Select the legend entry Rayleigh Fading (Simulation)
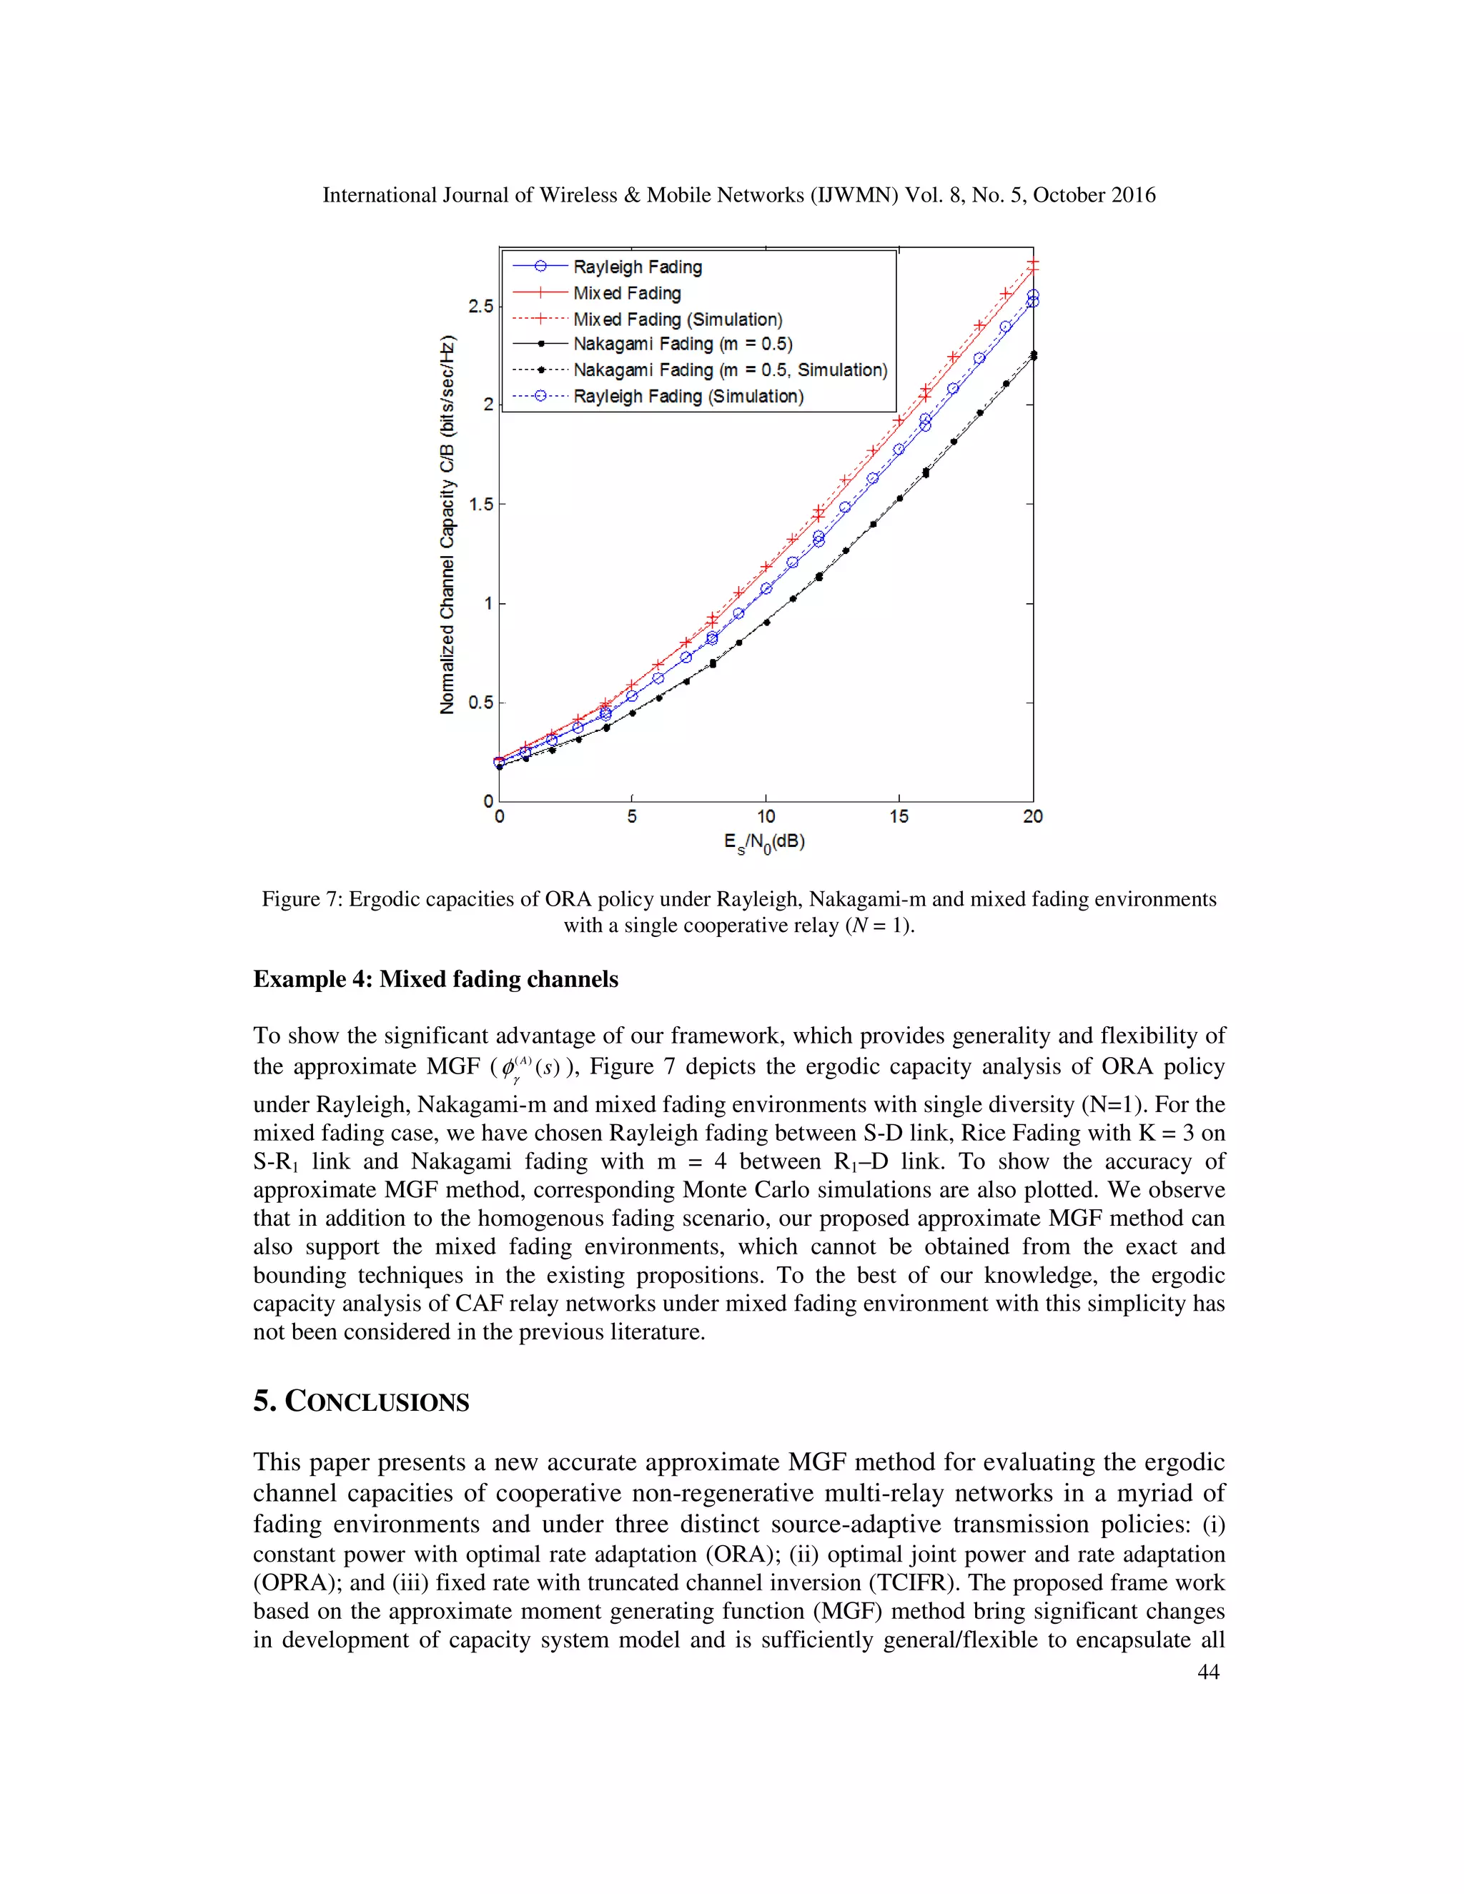688,397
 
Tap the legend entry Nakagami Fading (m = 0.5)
683,344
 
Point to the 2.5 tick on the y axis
480,306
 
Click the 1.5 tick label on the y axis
480,504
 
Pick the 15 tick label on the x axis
899,816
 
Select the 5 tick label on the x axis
632,816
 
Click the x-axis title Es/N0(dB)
764,842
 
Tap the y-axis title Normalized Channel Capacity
447,525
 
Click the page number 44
1208,1672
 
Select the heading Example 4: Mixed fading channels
435,979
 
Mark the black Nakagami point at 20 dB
1032,355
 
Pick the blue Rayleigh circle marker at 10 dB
766,589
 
